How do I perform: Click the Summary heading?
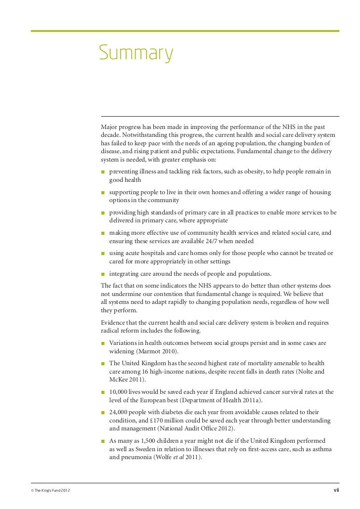point(136,53)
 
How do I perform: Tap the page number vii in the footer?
point(336,490)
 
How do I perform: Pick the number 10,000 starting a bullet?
point(120,392)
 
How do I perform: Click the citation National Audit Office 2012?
point(196,429)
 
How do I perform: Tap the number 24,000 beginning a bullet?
point(120,412)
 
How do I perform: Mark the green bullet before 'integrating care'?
point(103,274)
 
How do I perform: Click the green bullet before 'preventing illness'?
point(103,172)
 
